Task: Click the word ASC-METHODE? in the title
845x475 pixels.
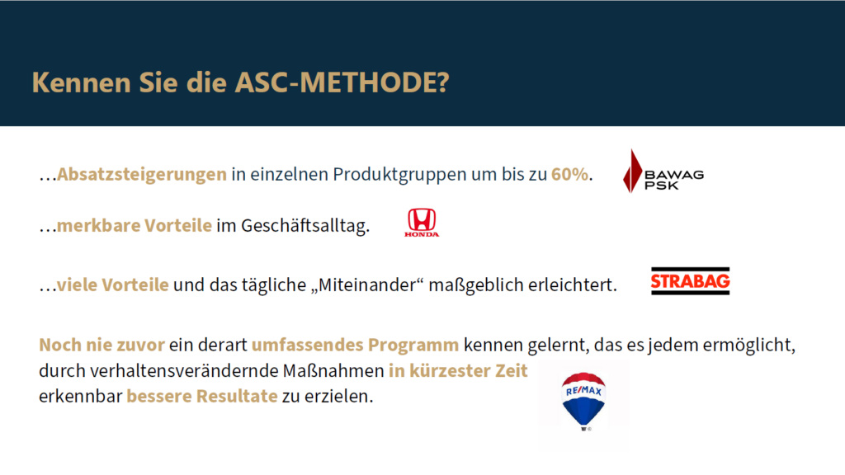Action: pos(342,82)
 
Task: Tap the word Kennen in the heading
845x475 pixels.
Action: pos(82,82)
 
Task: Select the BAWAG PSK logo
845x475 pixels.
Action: pos(663,172)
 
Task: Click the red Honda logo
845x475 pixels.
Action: pos(422,223)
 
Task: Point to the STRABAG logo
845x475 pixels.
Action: pos(691,280)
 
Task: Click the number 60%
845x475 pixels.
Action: pos(569,175)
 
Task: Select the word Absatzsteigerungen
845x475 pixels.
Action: pos(142,175)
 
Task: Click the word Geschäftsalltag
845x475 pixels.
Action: pos(305,226)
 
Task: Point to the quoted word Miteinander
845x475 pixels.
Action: pos(367,285)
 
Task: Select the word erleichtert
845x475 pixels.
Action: pos(573,285)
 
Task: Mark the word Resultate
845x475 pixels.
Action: pos(237,397)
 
